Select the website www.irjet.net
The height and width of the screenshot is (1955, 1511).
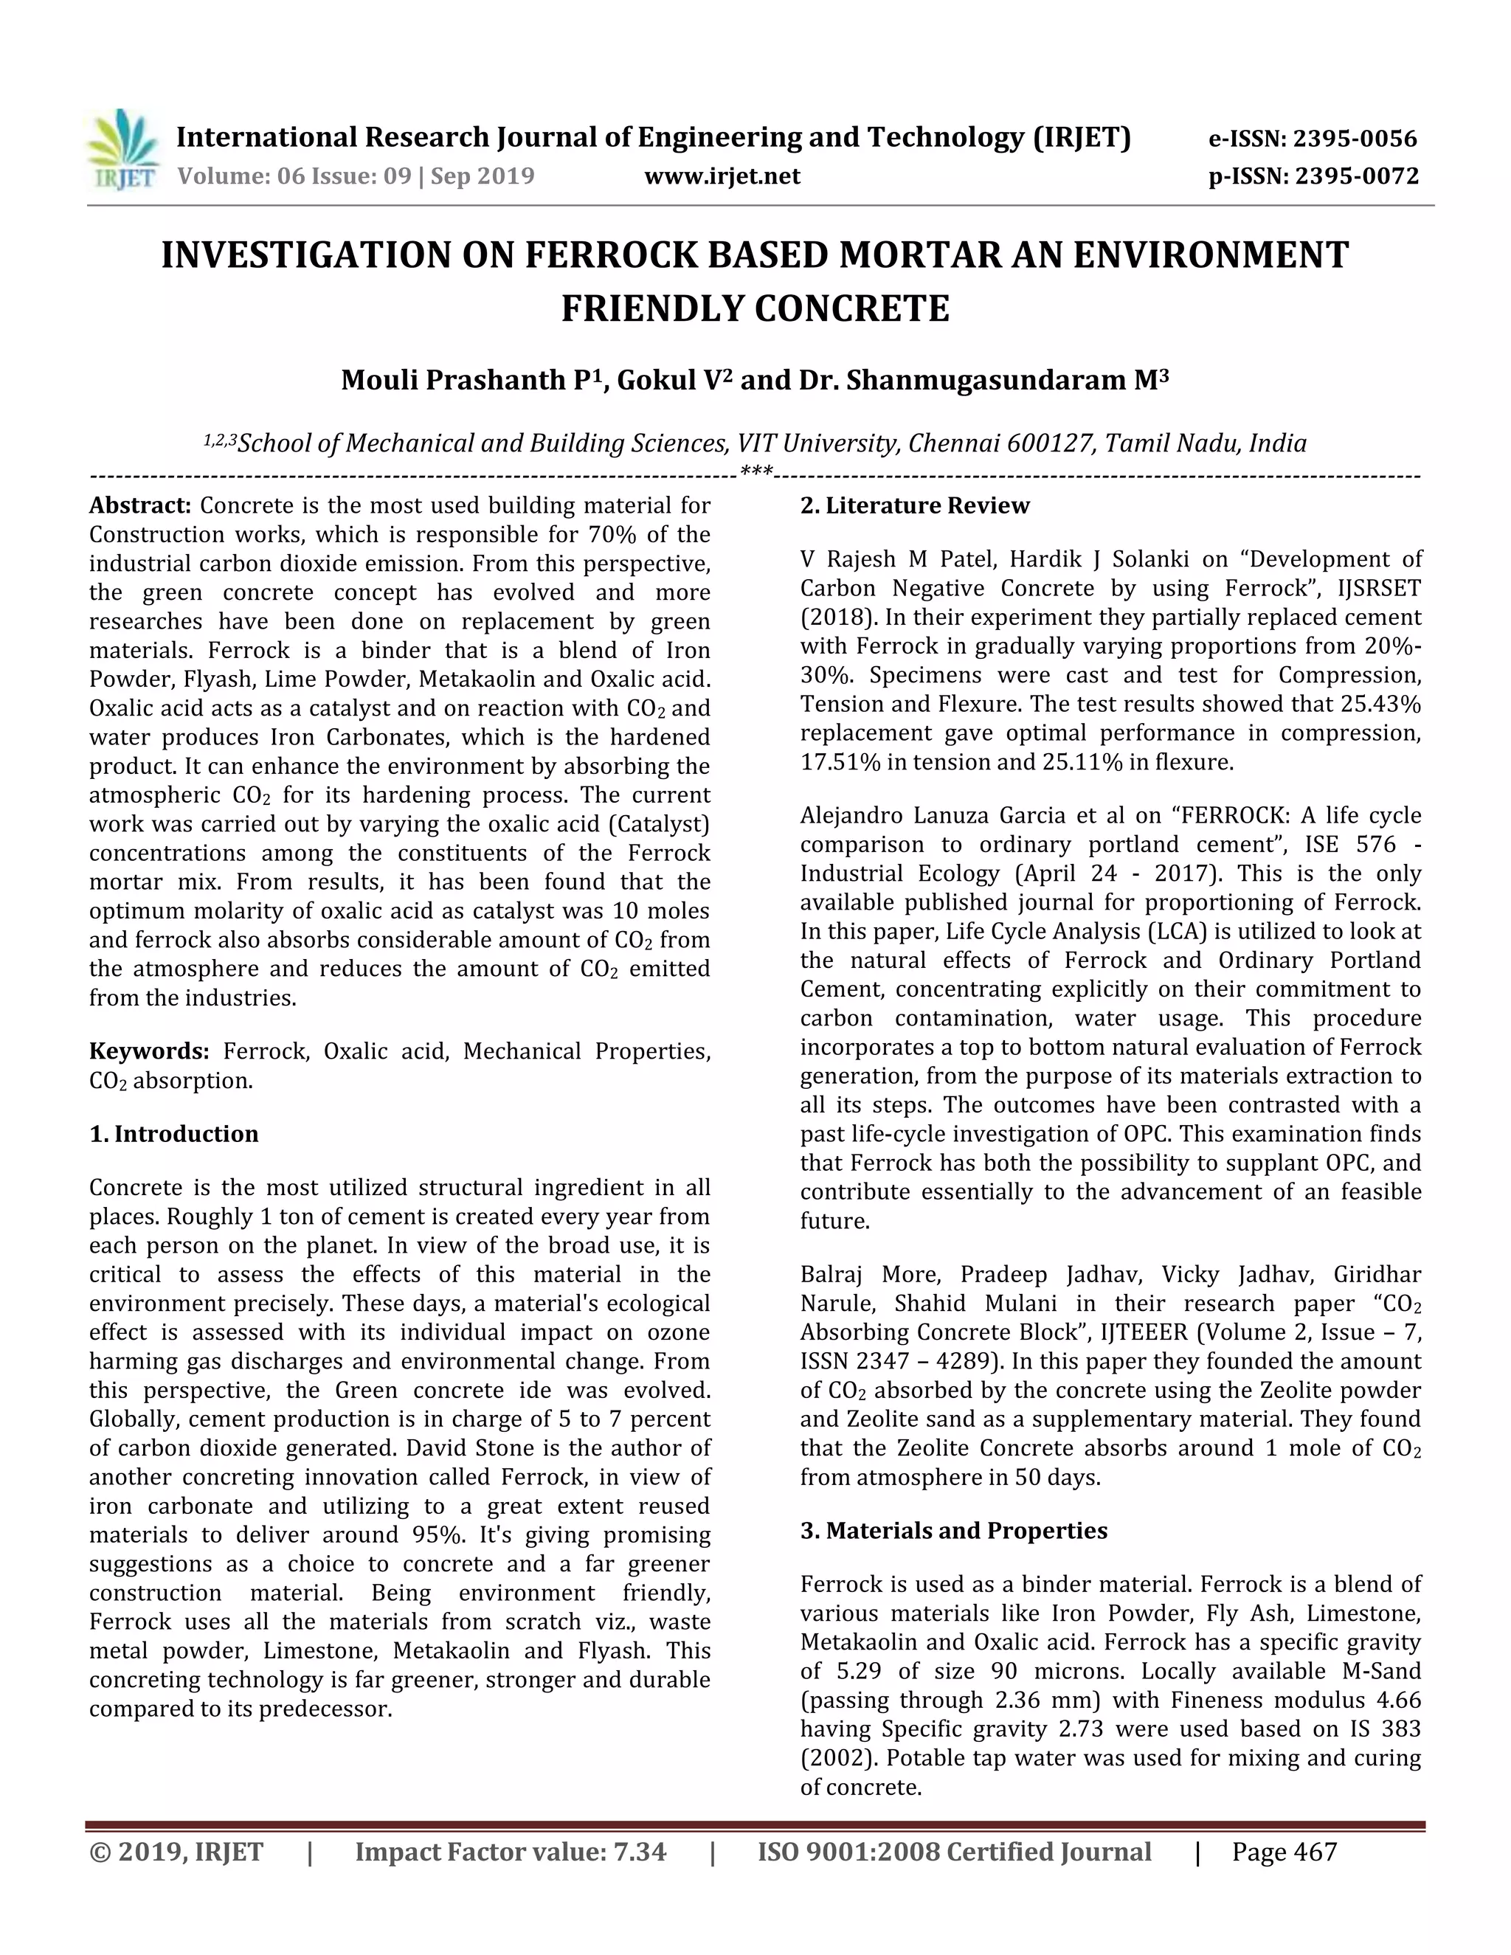pyautogui.click(x=722, y=176)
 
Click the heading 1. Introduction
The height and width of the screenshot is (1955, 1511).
pyautogui.click(x=173, y=1134)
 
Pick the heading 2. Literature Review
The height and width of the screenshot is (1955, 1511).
pyautogui.click(x=914, y=506)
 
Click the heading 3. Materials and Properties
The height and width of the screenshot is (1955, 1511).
pyautogui.click(x=953, y=1531)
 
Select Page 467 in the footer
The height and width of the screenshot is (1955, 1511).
pyautogui.click(x=1284, y=1852)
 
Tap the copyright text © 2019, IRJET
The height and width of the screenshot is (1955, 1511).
pyautogui.click(x=176, y=1852)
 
